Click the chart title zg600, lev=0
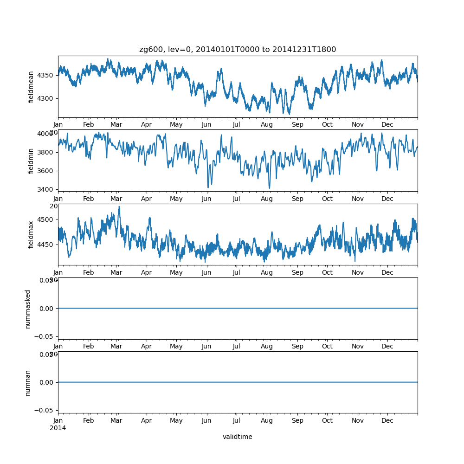click(238, 49)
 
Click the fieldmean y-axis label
click(31, 87)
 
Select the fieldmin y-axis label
click(31, 161)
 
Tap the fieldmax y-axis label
click(31, 234)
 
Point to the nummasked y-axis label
click(28, 309)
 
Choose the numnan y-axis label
click(28, 382)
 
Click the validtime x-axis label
click(238, 437)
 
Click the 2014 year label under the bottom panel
click(58, 428)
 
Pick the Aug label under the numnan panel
click(267, 421)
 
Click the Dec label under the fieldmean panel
click(387, 125)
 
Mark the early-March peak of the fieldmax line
click(119, 207)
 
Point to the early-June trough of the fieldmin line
click(208, 187)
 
